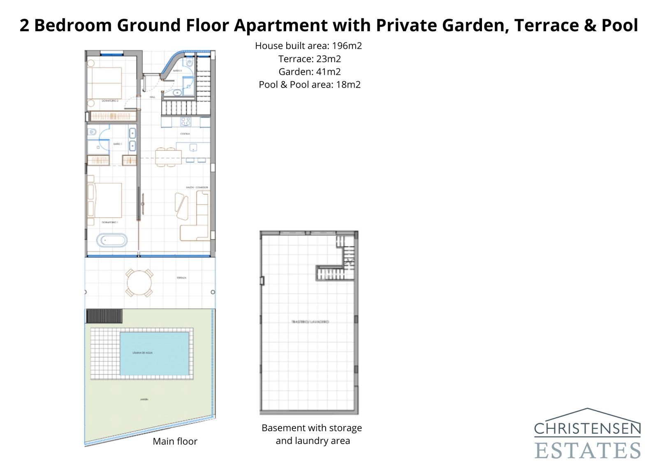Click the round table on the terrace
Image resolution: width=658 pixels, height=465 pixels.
click(139, 283)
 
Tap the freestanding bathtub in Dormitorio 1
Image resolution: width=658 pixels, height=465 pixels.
click(112, 241)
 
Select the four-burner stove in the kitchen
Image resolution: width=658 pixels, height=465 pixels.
click(186, 121)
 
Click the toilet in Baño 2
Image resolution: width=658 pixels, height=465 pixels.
click(189, 63)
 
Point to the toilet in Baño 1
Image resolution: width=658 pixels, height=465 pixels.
click(92, 132)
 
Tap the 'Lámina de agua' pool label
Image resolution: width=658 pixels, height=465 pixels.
click(143, 353)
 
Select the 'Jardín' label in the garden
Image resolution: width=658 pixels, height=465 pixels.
click(144, 399)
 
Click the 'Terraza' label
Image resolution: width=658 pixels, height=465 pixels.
click(181, 278)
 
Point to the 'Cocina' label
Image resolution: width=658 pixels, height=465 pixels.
click(185, 134)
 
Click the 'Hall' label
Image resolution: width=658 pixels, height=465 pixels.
click(152, 97)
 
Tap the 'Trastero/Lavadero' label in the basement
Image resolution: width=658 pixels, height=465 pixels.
click(310, 322)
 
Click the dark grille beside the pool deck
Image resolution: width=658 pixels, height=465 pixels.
click(104, 316)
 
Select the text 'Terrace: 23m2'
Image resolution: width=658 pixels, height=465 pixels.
click(309, 59)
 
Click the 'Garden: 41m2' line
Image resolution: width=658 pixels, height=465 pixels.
click(309, 72)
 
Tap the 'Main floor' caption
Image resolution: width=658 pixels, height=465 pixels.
click(175, 441)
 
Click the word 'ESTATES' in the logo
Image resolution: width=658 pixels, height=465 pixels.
click(587, 450)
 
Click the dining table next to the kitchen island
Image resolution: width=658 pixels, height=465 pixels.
click(168, 157)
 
